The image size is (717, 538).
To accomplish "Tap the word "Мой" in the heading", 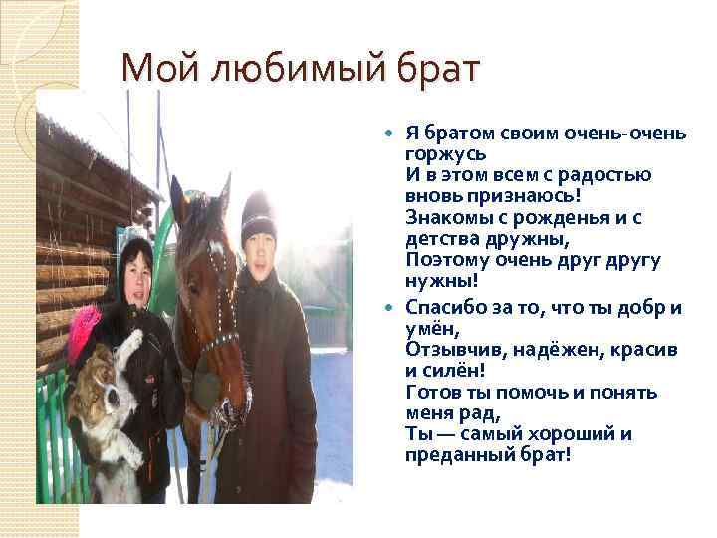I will (x=150, y=70).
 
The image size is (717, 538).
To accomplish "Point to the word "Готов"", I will (x=434, y=392).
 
